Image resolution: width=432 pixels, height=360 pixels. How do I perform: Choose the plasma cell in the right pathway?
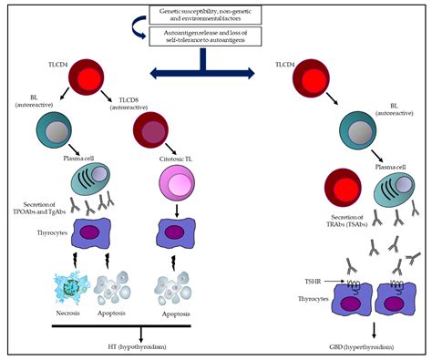(x=395, y=194)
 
